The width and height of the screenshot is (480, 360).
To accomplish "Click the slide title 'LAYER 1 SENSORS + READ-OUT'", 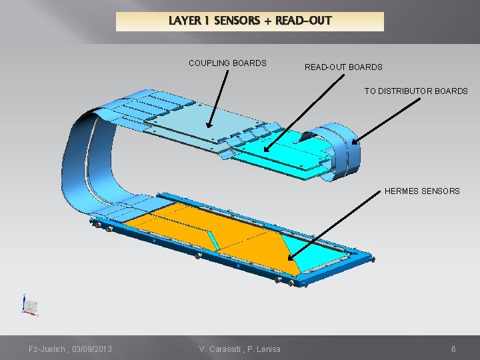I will [x=250, y=21].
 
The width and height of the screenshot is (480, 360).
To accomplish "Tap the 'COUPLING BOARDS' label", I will [x=227, y=63].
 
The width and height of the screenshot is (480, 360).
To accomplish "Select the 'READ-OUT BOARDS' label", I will [x=343, y=67].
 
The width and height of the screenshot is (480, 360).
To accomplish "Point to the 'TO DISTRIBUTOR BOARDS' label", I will [x=416, y=91].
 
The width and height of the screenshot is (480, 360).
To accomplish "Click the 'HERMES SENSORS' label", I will [x=422, y=191].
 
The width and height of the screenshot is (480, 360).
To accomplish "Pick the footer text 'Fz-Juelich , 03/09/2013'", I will [x=70, y=349].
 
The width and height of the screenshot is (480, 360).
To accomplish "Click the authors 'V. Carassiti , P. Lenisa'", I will [x=240, y=349].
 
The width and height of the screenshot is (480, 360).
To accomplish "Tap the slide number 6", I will [x=453, y=349].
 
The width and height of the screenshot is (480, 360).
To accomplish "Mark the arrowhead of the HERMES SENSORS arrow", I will [x=291, y=259].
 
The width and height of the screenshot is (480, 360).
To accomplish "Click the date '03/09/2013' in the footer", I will [x=91, y=349].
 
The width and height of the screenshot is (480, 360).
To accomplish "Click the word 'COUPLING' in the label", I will [x=209, y=63].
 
